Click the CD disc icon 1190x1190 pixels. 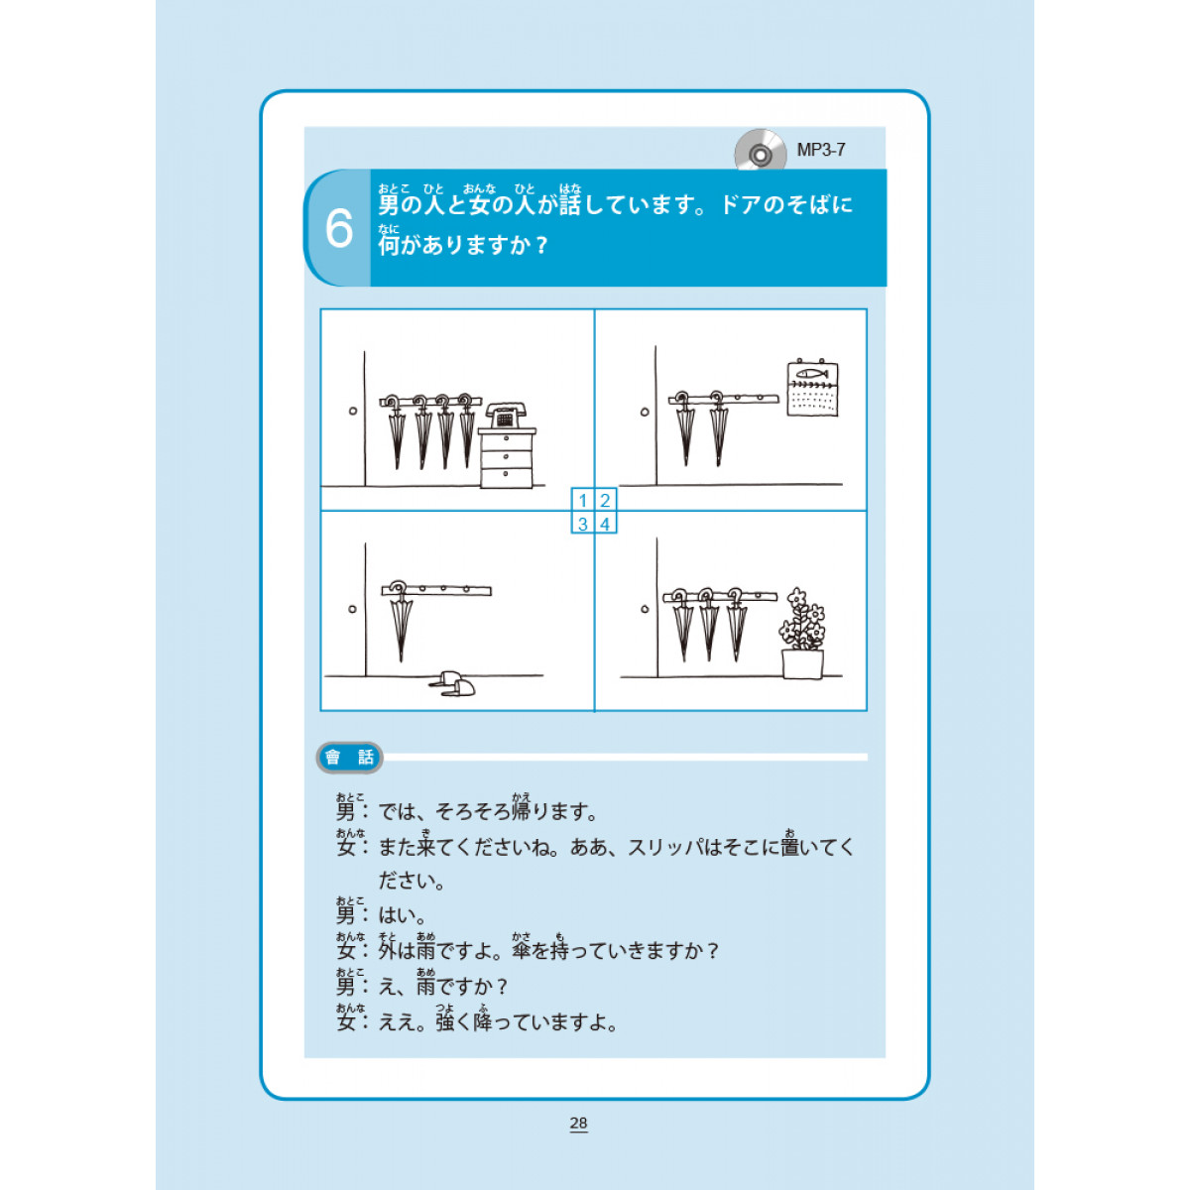point(761,150)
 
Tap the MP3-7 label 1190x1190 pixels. point(821,150)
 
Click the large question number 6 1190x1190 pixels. point(339,228)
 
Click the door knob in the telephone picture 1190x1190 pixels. point(353,412)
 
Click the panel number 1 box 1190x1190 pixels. point(582,500)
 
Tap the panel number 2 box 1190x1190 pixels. point(605,500)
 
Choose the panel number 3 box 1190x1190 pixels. point(582,524)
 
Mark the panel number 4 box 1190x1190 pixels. point(605,524)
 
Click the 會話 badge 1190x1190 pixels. point(349,757)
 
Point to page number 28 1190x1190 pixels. point(578,1123)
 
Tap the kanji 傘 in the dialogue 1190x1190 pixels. point(522,950)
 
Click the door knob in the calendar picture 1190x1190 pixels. point(645,412)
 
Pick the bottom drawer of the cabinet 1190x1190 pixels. point(506,477)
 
